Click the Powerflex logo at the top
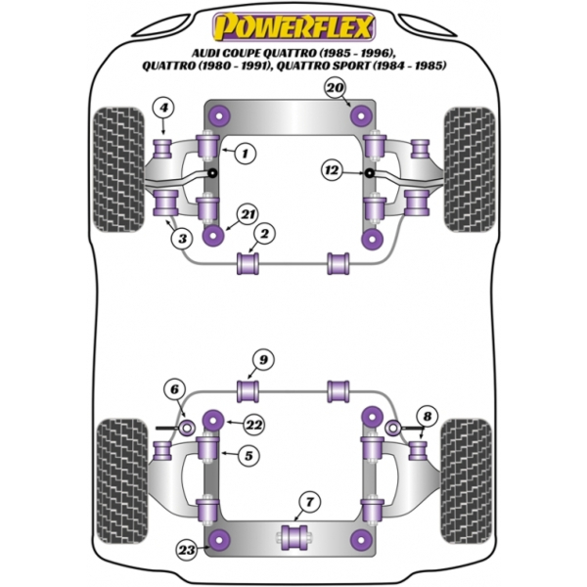click(293, 26)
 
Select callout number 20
click(335, 88)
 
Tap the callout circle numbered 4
click(163, 109)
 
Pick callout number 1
click(246, 154)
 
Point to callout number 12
click(332, 170)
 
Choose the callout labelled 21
click(248, 215)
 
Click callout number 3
click(182, 239)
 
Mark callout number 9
click(263, 360)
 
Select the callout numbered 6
click(175, 389)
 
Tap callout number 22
click(253, 425)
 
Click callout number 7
click(309, 502)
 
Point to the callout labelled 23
click(187, 550)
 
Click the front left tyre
click(118, 169)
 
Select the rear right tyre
click(466, 481)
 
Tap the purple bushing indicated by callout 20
click(361, 115)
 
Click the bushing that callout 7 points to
click(294, 537)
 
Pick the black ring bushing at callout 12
click(370, 173)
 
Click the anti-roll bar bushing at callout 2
click(248, 263)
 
